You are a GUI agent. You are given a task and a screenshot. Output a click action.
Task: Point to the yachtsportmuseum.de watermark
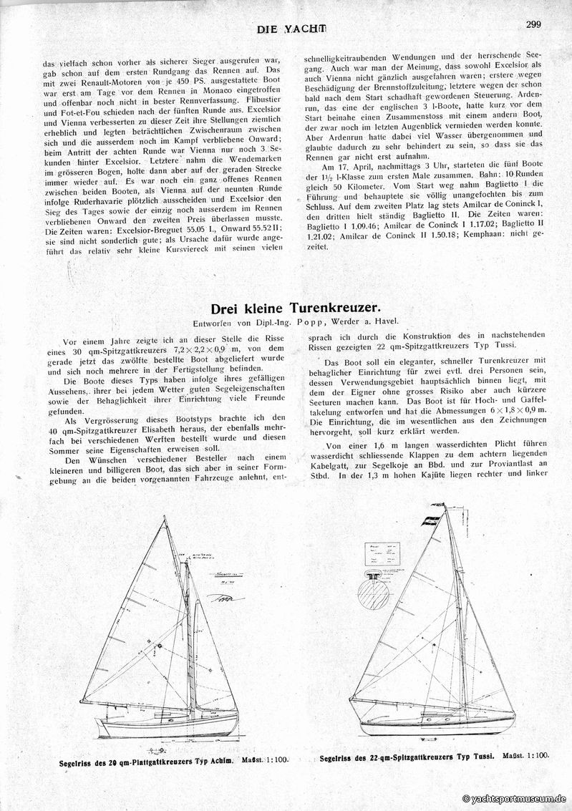click(515, 799)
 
